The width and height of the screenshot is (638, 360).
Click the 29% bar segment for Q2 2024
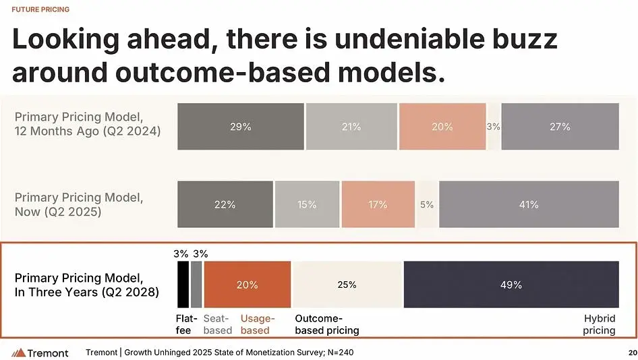(241, 126)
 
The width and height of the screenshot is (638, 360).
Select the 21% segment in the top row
(351, 126)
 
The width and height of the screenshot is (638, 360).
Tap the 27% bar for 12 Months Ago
(560, 126)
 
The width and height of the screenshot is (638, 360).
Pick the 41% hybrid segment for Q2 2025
(529, 204)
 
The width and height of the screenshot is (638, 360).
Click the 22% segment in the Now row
(225, 204)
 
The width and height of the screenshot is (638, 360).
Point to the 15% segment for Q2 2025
(307, 204)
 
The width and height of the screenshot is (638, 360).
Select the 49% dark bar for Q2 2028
(511, 284)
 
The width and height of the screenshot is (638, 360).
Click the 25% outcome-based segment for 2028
(347, 284)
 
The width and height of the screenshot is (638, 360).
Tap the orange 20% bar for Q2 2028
(248, 284)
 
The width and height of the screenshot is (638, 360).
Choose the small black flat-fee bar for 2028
(183, 284)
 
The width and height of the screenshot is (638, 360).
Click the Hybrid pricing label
(600, 324)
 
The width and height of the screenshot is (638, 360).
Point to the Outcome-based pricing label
(327, 324)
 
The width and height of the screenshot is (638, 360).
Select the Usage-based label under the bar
(258, 324)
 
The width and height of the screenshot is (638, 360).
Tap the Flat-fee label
(187, 324)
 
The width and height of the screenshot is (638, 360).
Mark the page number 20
(631, 353)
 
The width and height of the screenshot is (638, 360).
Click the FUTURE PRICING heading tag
(40, 9)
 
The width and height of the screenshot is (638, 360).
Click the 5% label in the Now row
(427, 204)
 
